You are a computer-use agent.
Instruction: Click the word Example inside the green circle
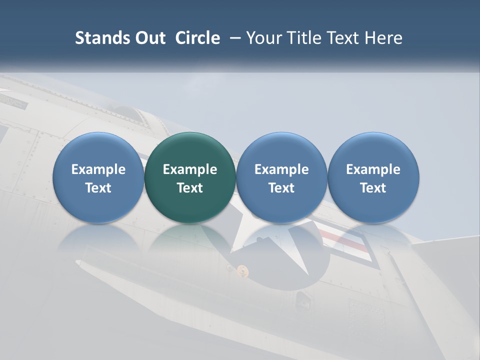click(190, 169)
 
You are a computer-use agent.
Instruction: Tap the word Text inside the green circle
click(190, 188)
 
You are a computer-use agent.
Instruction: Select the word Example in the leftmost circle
click(98, 169)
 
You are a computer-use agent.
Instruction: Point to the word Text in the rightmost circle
click(373, 188)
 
